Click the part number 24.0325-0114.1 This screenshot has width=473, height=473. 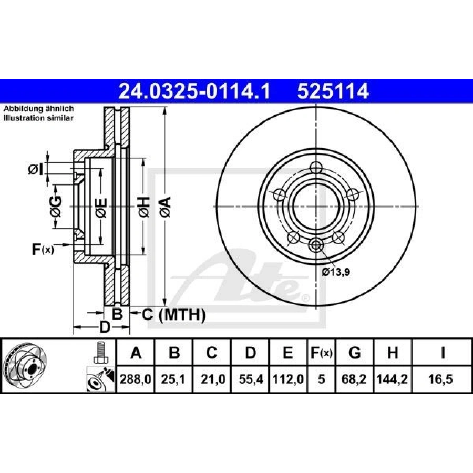[x=194, y=91]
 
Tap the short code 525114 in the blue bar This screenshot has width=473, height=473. [x=333, y=91]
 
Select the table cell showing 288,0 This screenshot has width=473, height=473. [x=136, y=379]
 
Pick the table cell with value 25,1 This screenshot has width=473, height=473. [x=173, y=379]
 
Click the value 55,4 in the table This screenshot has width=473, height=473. [x=250, y=379]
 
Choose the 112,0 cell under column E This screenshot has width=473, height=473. [x=288, y=379]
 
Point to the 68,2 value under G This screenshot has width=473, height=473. [x=354, y=379]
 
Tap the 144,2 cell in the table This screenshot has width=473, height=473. [x=392, y=379]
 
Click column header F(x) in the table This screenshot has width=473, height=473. [x=321, y=352]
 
